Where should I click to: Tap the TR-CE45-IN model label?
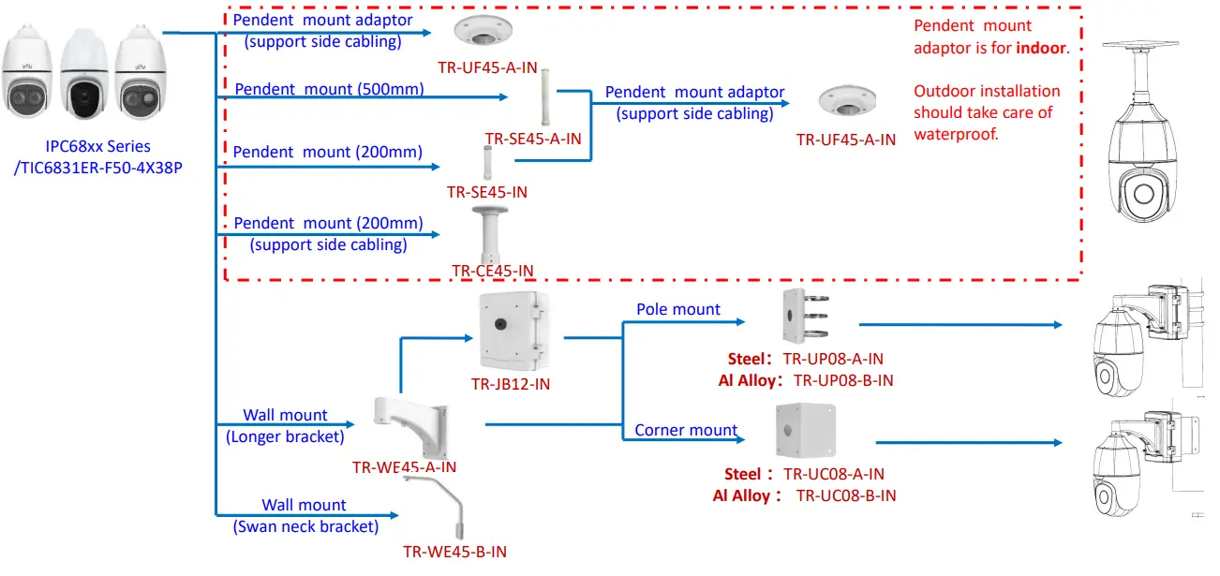tap(492, 271)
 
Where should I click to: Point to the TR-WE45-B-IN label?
tap(454, 552)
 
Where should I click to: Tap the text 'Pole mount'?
tap(678, 309)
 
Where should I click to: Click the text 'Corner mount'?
tap(686, 430)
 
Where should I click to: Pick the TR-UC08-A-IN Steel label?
tap(834, 474)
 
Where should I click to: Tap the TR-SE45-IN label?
tap(486, 192)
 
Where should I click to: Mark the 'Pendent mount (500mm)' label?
tap(329, 89)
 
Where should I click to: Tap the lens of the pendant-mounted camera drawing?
tap(1144, 194)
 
